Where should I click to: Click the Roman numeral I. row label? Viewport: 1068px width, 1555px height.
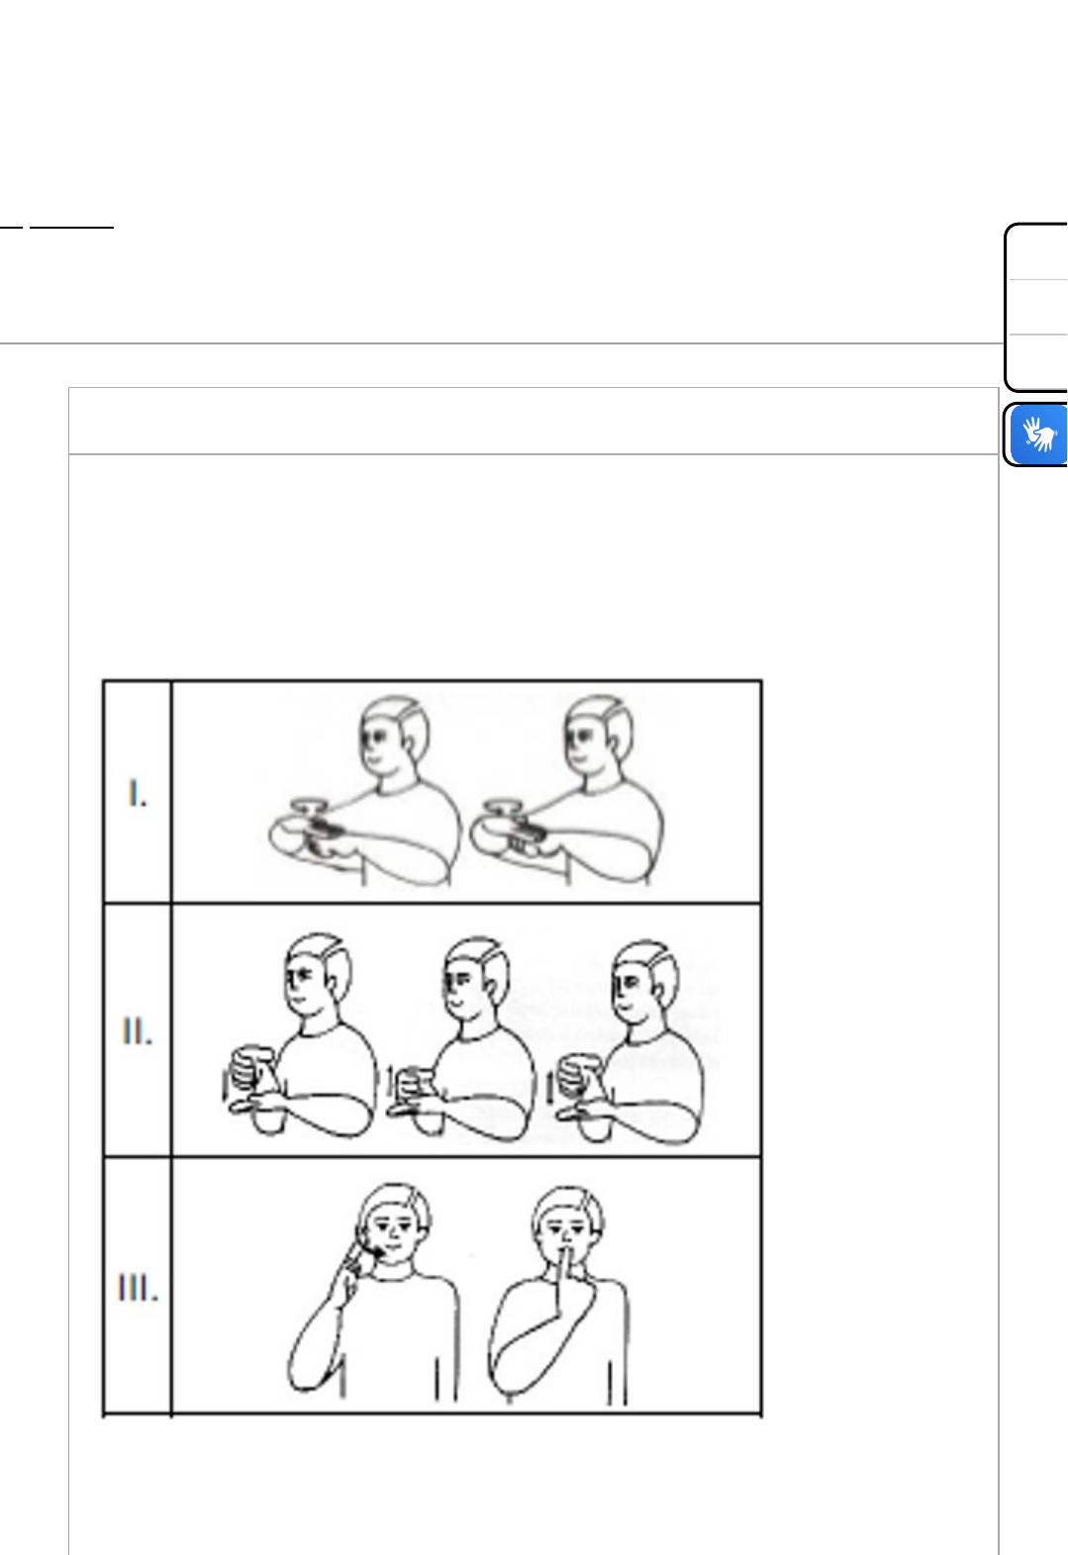(138, 793)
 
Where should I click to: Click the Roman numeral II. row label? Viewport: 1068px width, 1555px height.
(137, 1030)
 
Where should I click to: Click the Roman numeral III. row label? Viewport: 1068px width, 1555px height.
(138, 1288)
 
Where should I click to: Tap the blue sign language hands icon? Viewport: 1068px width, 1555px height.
(1039, 436)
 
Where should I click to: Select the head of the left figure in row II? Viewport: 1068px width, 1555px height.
(318, 974)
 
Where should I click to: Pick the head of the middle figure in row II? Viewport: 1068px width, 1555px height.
(476, 979)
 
